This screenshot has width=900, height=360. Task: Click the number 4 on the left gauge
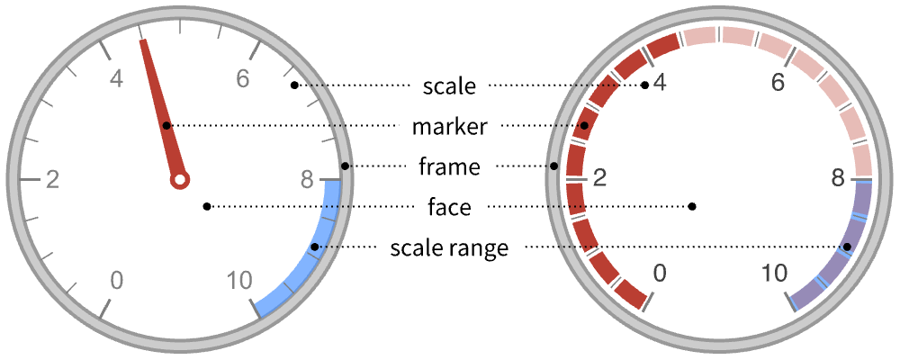tap(116, 79)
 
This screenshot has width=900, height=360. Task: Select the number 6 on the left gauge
tap(242, 79)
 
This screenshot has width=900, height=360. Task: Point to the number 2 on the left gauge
tap(52, 179)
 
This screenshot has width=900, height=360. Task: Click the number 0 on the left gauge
tap(116, 280)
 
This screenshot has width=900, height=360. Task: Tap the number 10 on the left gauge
tap(239, 280)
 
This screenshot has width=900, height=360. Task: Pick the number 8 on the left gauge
tap(308, 179)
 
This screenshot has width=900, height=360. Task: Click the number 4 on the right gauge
tap(660, 84)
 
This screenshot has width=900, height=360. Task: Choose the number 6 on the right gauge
tap(778, 84)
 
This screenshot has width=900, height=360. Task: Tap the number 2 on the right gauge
tap(598, 179)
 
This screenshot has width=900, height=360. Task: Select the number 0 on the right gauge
tap(660, 274)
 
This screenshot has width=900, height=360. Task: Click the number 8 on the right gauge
tap(839, 179)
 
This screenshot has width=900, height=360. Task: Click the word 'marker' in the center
tap(449, 127)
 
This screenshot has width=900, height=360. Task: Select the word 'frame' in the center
tap(449, 166)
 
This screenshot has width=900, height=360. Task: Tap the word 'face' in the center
tap(449, 207)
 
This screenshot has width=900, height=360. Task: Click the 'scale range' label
tap(449, 247)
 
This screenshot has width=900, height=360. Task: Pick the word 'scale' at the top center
tap(449, 86)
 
